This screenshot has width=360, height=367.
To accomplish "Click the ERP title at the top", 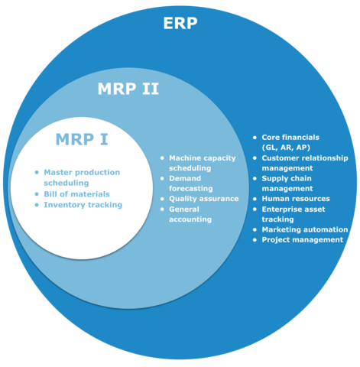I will [180, 22].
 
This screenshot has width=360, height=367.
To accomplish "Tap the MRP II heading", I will [128, 89].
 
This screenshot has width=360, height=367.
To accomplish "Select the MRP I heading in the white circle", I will [82, 139].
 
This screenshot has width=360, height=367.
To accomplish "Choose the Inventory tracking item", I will [83, 205].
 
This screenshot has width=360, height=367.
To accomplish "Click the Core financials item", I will [290, 138].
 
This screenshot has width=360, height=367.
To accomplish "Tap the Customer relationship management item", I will [304, 163].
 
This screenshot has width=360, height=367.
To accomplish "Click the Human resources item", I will [295, 199].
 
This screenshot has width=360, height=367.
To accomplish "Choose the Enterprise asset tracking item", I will [293, 214].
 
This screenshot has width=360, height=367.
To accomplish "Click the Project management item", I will [302, 239].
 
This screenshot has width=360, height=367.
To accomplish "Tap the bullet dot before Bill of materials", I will [37, 194].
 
